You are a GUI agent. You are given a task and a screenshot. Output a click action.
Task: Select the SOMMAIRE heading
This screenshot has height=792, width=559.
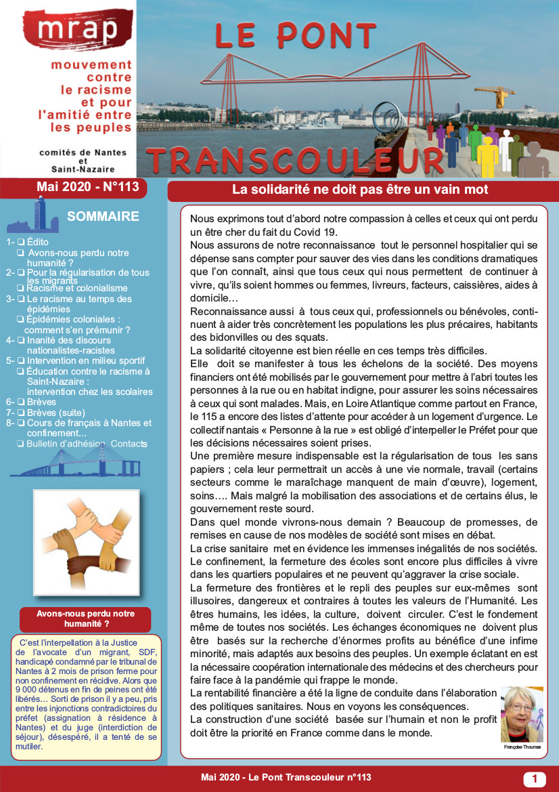pyautogui.click(x=103, y=217)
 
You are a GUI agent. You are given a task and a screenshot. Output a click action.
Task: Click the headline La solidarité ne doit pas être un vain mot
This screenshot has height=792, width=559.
pyautogui.click(x=360, y=190)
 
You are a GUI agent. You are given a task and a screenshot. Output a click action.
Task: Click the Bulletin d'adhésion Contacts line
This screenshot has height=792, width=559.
pyautogui.click(x=87, y=444)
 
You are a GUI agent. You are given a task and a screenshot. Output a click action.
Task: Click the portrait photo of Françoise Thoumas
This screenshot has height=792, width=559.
pyautogui.click(x=522, y=715)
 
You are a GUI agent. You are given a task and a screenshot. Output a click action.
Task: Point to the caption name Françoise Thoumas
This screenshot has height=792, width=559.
pyautogui.click(x=522, y=747)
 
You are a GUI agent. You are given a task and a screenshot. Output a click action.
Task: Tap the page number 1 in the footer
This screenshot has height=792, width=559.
pyautogui.click(x=535, y=779)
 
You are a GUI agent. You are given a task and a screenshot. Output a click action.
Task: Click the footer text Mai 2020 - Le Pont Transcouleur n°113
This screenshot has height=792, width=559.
pyautogui.click(x=286, y=778)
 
